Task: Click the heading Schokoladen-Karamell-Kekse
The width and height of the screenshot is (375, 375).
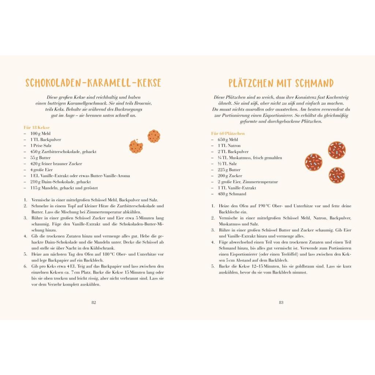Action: tap(93, 83)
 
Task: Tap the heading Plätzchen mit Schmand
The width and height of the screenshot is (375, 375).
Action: tap(281, 83)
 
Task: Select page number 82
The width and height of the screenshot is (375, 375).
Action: tap(93, 302)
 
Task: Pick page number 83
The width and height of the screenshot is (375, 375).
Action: tap(281, 302)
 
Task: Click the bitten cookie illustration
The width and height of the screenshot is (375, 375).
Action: tap(136, 146)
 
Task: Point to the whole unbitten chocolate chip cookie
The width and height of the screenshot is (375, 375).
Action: tap(154, 136)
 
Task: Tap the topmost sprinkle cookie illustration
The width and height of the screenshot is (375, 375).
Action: tap(337, 150)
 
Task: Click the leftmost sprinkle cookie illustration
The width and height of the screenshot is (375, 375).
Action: tap(313, 162)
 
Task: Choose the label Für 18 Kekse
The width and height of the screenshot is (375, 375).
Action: tap(37, 127)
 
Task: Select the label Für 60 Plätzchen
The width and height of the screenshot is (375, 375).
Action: tap(228, 134)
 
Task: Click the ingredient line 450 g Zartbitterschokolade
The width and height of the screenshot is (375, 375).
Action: tap(63, 152)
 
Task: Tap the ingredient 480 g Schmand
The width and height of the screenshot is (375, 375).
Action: tap(232, 194)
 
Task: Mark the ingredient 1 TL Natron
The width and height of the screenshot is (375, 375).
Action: tap(229, 146)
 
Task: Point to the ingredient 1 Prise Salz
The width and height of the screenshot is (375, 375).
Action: tap(41, 146)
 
